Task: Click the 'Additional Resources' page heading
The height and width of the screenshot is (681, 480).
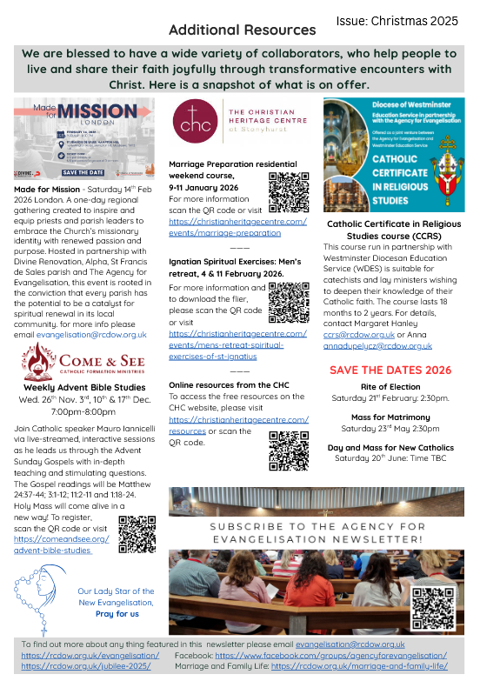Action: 242,30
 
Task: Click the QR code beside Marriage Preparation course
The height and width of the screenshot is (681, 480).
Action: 288,192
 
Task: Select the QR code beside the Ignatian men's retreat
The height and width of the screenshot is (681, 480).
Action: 288,301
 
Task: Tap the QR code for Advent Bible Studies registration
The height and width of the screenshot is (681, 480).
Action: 137,533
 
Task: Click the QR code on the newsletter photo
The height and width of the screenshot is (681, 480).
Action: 432,605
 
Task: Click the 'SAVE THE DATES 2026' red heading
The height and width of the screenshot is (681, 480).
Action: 390,369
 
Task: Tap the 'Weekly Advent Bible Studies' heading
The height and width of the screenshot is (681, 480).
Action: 79,386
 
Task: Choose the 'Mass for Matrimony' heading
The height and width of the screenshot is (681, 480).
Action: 390,417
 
